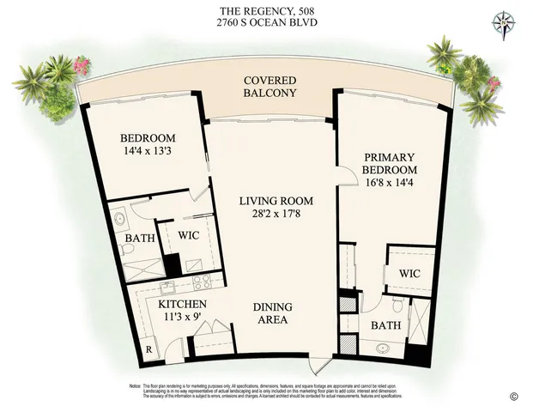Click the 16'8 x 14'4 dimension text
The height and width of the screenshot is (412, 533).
click(389, 183)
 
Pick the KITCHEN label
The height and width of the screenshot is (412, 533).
click(181, 305)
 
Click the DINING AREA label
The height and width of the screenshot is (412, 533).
click(271, 313)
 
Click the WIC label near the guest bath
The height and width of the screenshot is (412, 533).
click(189, 234)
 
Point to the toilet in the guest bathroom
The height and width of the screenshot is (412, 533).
click(128, 249)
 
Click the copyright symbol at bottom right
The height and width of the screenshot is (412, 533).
click(514, 396)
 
